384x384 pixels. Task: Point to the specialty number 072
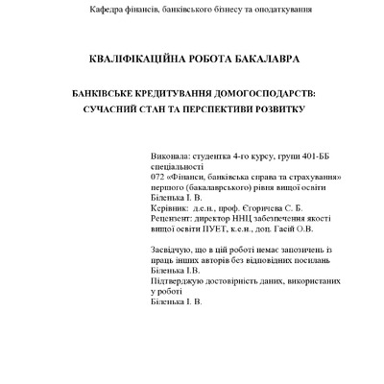(x=158, y=178)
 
